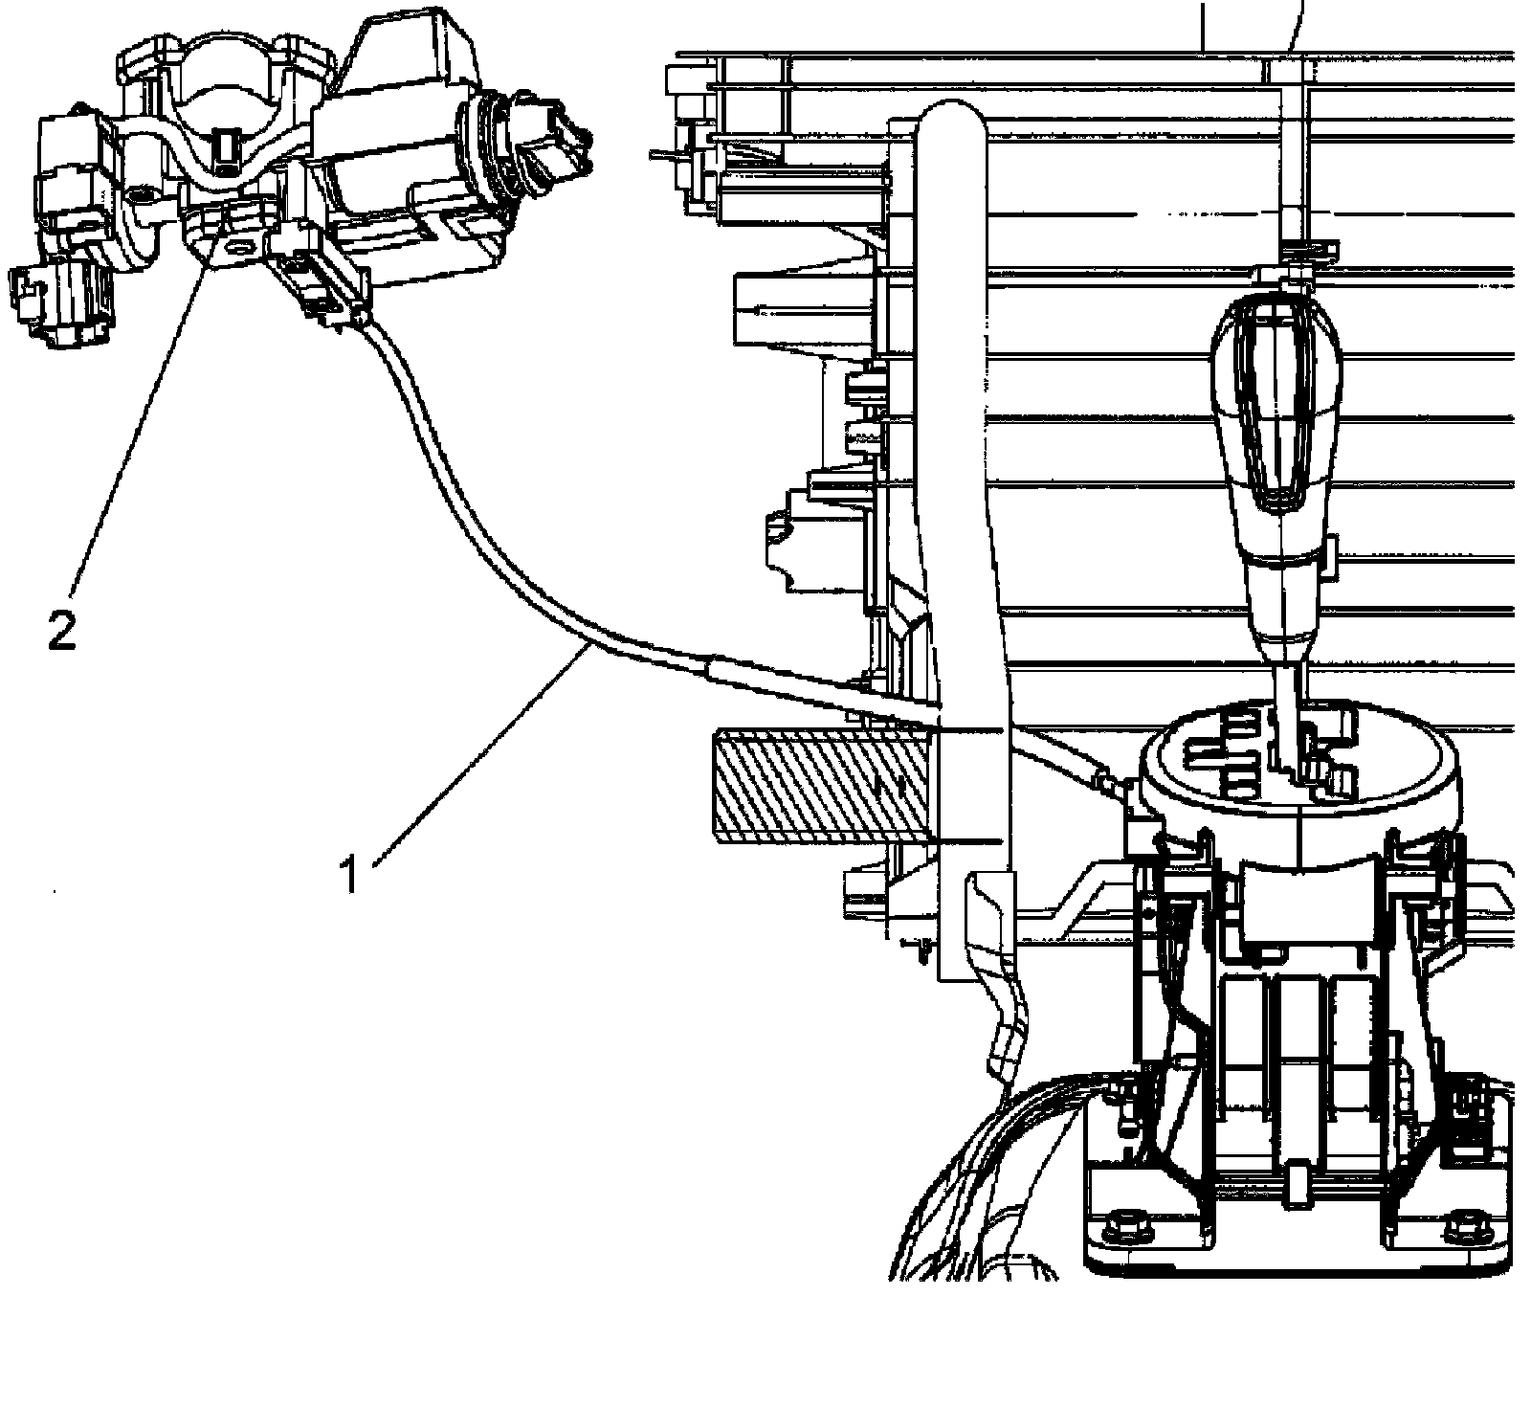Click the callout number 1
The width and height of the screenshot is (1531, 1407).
[x=351, y=874]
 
